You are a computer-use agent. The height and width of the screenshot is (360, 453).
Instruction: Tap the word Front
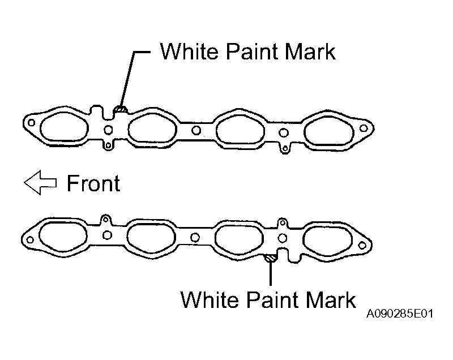[x=93, y=183]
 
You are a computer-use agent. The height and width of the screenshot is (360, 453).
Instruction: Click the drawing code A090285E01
[x=400, y=314]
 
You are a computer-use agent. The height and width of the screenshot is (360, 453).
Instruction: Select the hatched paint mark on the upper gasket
[x=121, y=109]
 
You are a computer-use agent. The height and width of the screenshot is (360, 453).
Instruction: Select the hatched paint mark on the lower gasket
[x=271, y=258]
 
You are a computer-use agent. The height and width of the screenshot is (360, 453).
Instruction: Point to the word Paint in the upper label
[x=249, y=52]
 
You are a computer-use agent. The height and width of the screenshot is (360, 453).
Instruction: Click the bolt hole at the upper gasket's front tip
[x=31, y=123]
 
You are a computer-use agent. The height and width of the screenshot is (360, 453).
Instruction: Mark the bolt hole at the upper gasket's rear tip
[x=364, y=128]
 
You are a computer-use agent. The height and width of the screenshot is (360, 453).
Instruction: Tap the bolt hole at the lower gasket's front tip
[x=30, y=239]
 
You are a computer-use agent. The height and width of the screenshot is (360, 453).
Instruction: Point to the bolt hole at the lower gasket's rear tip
[x=362, y=246]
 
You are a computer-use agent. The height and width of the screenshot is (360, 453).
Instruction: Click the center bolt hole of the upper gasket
[x=196, y=131]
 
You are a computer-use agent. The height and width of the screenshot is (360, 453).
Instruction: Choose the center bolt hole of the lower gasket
[x=195, y=238]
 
